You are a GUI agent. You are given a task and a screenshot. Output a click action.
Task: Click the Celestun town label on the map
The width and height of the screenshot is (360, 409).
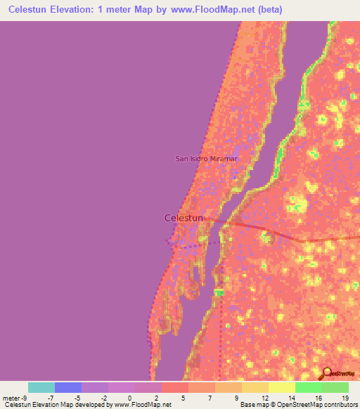184,219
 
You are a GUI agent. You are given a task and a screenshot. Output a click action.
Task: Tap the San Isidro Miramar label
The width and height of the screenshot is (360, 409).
207,159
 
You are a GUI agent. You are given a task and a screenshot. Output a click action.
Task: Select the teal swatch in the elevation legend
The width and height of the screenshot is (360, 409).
41,387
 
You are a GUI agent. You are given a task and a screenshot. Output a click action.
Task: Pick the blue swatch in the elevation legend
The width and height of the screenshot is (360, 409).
68,387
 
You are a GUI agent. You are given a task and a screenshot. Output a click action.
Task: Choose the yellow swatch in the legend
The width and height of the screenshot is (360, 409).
281,387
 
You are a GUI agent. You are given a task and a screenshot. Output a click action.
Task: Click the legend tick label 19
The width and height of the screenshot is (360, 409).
344,398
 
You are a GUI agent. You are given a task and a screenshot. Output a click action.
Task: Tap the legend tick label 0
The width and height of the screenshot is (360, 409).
129,398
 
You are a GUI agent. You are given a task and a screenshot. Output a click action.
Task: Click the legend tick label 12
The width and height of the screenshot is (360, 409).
264,398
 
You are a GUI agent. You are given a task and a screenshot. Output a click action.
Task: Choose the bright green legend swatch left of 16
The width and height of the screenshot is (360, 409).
308,387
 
